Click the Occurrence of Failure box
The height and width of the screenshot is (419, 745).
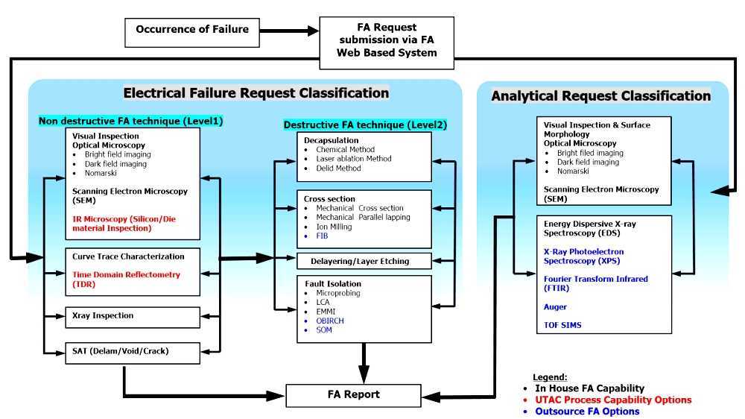click(191, 30)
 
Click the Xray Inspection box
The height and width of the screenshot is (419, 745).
click(132, 316)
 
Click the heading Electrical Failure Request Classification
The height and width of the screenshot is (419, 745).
click(256, 93)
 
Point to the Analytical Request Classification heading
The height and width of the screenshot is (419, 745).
click(600, 95)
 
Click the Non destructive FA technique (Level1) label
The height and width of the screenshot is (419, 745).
click(130, 120)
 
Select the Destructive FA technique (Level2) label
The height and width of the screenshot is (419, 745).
click(365, 125)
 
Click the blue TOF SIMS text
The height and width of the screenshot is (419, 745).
click(562, 325)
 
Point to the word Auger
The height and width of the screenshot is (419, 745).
click(555, 306)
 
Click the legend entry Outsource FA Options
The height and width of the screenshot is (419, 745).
click(587, 411)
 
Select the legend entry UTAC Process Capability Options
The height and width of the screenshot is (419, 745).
click(613, 400)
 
